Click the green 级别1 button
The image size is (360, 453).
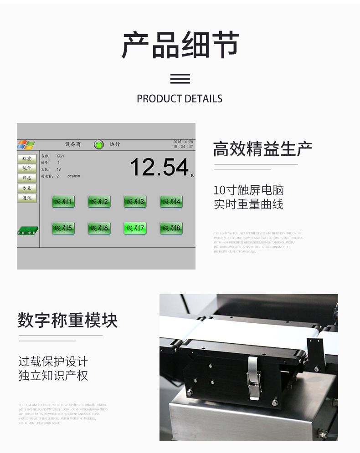[x=63, y=202]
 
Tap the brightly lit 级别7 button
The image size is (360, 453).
[x=135, y=228]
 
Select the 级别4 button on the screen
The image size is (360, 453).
[x=171, y=202]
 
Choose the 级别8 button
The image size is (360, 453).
[x=171, y=228]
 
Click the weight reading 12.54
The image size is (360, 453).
[x=159, y=167]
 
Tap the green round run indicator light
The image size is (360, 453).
[x=98, y=145]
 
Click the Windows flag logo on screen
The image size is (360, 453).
[x=26, y=145]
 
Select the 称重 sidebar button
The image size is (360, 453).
[x=27, y=159]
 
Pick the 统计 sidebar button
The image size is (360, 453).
[x=27, y=168]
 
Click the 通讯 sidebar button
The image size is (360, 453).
[x=27, y=198]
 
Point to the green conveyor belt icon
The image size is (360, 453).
[x=27, y=231]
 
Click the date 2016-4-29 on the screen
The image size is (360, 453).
[x=183, y=142]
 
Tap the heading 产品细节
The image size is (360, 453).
[x=180, y=45]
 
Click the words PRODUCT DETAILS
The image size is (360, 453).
[x=180, y=99]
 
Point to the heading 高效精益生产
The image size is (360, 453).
[x=263, y=149]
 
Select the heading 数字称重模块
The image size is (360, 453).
[x=68, y=321]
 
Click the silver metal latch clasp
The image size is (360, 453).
[x=254, y=376]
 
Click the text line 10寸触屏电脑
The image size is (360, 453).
[x=248, y=190]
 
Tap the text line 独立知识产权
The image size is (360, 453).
[x=53, y=376]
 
